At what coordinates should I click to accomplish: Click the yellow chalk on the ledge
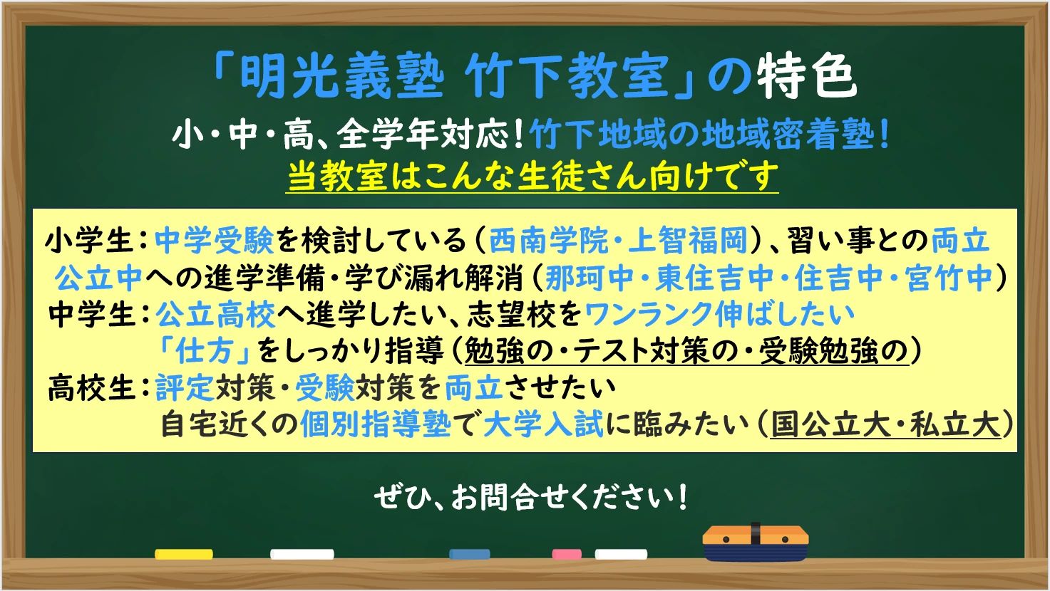click(183, 553)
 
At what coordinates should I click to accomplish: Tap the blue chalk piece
click(469, 554)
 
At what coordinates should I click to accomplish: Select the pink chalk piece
click(567, 553)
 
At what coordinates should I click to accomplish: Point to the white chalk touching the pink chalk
click(621, 553)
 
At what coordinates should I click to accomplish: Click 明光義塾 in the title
click(341, 76)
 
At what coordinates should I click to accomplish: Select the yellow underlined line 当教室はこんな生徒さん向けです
click(532, 176)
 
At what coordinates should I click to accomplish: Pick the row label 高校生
click(91, 389)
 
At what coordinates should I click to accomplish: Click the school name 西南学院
click(547, 241)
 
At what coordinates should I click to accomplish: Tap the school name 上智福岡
click(688, 241)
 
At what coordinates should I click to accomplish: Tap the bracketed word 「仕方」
click(204, 351)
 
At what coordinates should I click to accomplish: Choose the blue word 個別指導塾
click(376, 425)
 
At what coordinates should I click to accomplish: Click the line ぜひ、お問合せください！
click(531, 498)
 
